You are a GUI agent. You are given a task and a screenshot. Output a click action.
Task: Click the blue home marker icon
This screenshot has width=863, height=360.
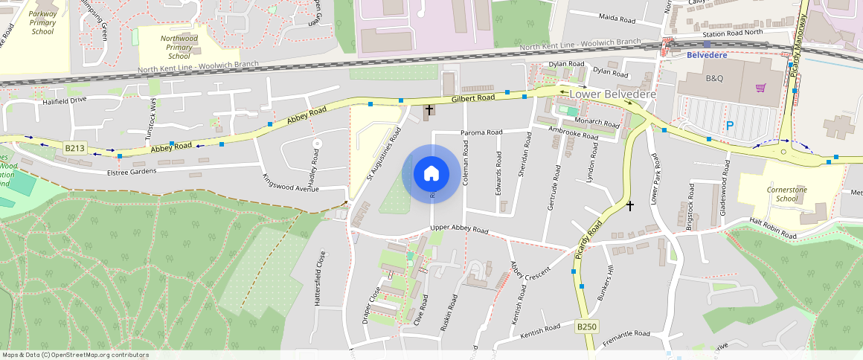431,174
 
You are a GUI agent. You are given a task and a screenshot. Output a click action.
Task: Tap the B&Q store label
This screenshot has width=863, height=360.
714,78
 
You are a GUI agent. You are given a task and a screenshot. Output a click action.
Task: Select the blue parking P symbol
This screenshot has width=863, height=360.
729,126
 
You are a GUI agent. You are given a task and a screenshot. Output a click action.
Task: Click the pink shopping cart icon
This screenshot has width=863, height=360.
760,88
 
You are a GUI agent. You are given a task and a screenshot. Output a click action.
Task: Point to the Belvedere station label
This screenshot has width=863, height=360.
706,55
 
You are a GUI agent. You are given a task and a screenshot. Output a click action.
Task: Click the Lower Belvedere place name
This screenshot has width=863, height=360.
613,94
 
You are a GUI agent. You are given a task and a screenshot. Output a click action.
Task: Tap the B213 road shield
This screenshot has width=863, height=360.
75,149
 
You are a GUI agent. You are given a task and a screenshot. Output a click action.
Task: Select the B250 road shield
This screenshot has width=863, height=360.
587,327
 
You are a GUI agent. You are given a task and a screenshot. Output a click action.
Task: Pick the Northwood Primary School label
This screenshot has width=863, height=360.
179,47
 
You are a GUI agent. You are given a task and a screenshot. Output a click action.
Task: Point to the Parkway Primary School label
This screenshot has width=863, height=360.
43,23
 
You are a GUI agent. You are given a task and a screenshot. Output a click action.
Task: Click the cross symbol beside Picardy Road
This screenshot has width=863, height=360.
630,205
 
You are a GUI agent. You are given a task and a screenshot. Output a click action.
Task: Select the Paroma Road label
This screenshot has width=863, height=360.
482,132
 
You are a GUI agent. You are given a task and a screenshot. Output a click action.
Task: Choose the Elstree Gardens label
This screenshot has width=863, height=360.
131,172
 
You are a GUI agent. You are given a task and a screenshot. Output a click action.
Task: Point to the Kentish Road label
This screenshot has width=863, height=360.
542,329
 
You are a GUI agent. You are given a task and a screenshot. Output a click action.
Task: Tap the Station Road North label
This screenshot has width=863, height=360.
733,33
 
